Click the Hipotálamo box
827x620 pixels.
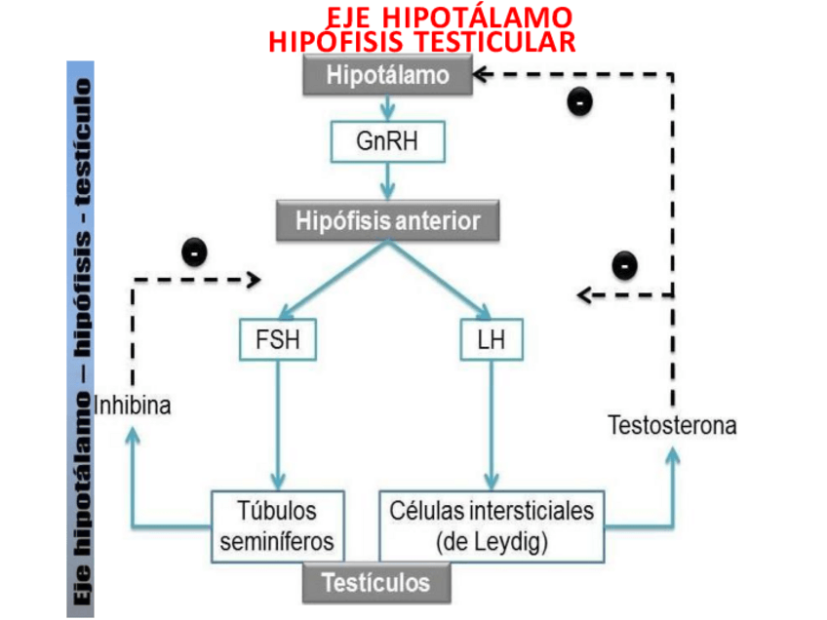pos(388,76)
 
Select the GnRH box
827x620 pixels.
pos(388,141)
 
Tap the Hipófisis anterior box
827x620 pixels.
pos(388,221)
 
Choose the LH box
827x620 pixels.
pos(491,340)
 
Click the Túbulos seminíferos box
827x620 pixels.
pos(278,525)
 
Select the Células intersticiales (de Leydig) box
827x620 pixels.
pos(491,525)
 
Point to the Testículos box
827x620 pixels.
pos(375,583)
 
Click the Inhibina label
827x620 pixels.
pos(133,404)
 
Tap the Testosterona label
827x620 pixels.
pos(672,425)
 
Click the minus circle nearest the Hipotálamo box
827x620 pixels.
pos(580,100)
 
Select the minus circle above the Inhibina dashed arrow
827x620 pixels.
pos(195,252)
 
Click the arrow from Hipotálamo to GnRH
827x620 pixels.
pos(388,107)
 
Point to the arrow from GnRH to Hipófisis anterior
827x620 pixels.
pos(388,180)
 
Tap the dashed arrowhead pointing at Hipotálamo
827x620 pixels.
pos(481,74)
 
